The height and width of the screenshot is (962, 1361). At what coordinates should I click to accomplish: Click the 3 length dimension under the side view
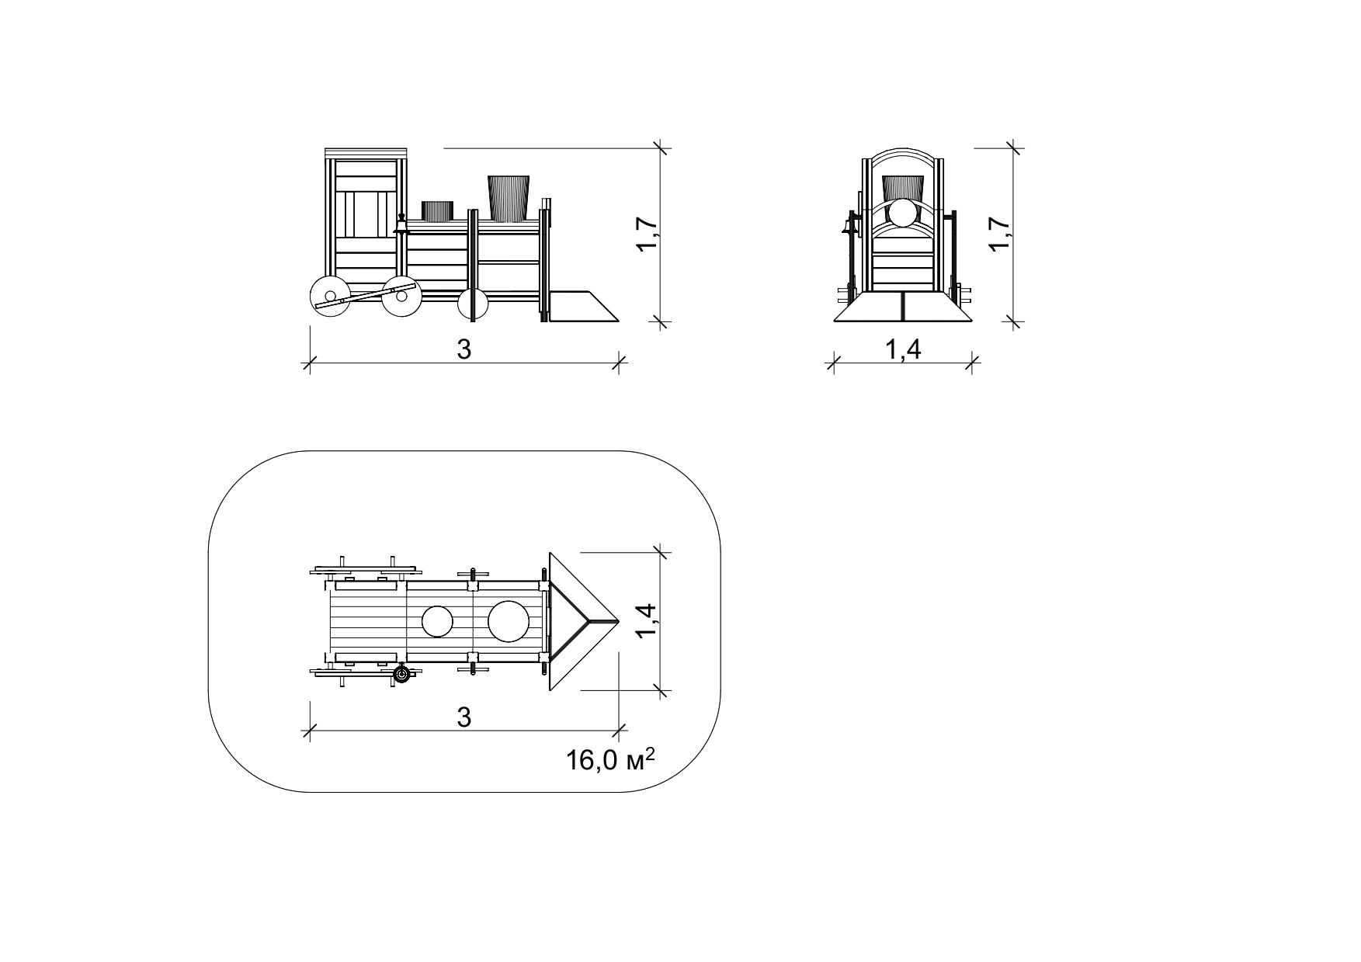tap(464, 349)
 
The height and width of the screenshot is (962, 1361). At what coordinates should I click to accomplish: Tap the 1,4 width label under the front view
tap(903, 350)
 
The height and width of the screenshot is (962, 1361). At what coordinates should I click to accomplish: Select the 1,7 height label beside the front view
tap(1000, 233)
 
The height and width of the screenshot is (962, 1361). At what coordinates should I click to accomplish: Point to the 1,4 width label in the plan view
tap(648, 621)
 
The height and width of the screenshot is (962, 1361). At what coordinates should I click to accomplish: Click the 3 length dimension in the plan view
tap(464, 717)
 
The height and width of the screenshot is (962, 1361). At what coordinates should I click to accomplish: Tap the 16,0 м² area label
tap(610, 759)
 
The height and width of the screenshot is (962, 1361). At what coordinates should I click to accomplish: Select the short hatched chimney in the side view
tap(437, 210)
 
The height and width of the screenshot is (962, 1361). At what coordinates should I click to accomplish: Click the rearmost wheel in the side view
tap(329, 296)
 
